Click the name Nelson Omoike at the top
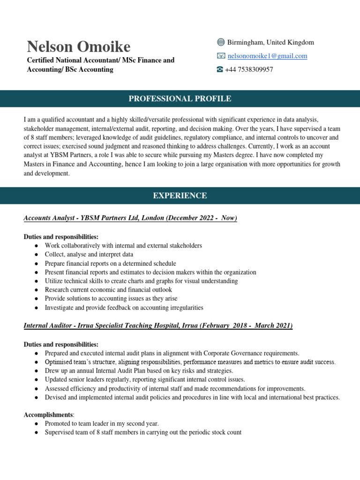point(78,46)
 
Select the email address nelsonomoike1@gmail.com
point(267,56)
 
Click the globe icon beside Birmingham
point(221,43)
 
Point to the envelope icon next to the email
point(221,56)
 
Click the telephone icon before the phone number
point(220,69)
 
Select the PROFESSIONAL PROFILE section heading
point(180,98)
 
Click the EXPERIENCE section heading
point(180,195)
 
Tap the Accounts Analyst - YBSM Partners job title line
point(130,218)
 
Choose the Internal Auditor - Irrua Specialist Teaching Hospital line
point(158,325)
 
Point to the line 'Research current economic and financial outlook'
point(108,290)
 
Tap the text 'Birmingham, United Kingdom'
point(270,43)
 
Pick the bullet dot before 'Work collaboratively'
point(37,246)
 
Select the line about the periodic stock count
point(143,433)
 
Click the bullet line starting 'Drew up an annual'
point(133,371)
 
